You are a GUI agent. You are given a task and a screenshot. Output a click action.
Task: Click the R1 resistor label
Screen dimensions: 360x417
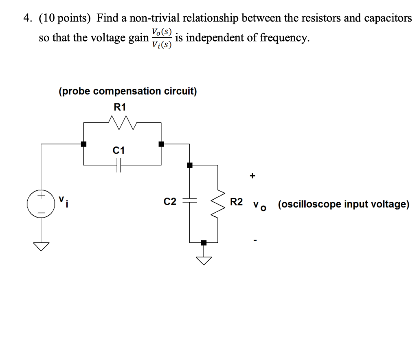tap(120, 107)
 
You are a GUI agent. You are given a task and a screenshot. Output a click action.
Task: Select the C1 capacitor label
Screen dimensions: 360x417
tap(119, 151)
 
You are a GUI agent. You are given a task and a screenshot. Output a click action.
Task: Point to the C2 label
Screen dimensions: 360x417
tap(170, 201)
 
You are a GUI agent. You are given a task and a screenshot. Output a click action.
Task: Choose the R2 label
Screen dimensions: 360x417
tap(237, 201)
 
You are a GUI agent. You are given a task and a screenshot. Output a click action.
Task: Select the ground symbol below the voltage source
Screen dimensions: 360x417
tap(41, 245)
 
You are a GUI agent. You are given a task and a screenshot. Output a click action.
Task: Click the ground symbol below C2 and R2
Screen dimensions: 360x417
tap(204, 259)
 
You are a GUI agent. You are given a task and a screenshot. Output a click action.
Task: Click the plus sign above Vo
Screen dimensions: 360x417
tap(253, 176)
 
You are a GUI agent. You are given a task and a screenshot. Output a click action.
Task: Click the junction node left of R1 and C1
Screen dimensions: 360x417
tap(83, 144)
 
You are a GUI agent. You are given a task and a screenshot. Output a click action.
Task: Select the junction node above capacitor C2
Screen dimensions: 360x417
tap(190, 165)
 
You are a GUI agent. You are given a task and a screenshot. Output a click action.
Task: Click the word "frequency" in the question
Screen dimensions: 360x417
tap(281, 38)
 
